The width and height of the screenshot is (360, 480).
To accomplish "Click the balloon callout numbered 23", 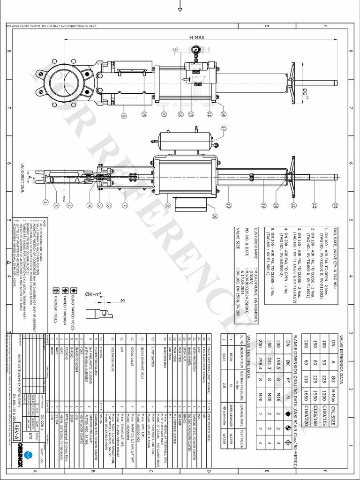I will tap(335, 205).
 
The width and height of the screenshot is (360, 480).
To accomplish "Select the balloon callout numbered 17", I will tap(223, 127).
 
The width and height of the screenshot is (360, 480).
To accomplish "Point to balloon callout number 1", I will tap(45, 202).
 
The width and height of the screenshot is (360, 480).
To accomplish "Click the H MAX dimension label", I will tap(197, 37).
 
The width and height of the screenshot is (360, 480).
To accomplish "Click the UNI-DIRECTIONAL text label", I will tap(22, 178).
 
